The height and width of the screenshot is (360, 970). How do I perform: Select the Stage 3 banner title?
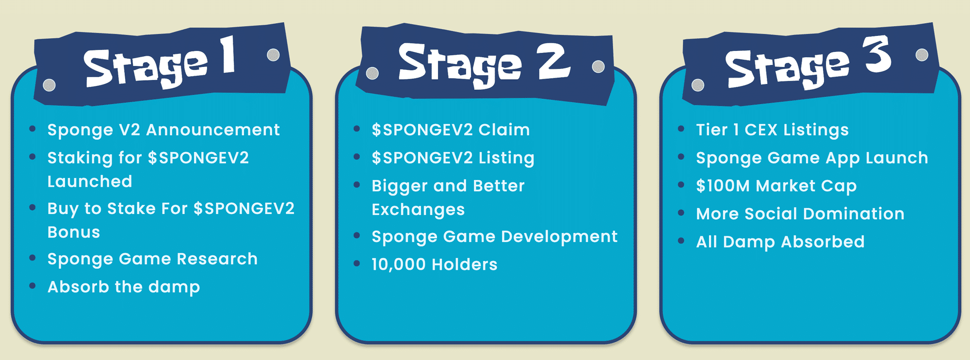pos(808,65)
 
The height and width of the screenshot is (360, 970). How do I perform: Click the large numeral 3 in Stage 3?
pos(877,54)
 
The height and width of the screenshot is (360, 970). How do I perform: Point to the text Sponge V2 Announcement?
pos(163,130)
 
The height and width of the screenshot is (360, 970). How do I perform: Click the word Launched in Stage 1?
pos(90,181)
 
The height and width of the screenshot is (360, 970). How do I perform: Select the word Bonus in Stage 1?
pos(74,232)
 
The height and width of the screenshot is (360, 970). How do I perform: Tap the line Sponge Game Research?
pos(152,259)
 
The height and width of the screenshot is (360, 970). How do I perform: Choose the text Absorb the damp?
pos(124,287)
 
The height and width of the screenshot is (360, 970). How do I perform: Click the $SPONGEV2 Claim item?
pos(451,130)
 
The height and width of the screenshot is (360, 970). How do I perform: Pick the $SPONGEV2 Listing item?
pos(453,158)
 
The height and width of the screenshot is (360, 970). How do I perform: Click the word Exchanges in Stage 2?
pos(418,210)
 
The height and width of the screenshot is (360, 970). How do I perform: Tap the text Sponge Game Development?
pos(494,237)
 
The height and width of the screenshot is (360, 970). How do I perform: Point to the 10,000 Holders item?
pos(435,265)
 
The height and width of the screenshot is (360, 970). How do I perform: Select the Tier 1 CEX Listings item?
pos(772,130)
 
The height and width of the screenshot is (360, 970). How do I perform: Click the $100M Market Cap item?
pos(776,186)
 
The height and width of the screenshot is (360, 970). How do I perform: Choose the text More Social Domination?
pos(800,214)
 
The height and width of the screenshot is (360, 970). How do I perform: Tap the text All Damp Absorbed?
pos(780,242)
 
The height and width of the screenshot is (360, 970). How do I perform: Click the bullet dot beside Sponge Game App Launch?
pos(681,157)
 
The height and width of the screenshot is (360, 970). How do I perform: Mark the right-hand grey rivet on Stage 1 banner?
pos(274,55)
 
